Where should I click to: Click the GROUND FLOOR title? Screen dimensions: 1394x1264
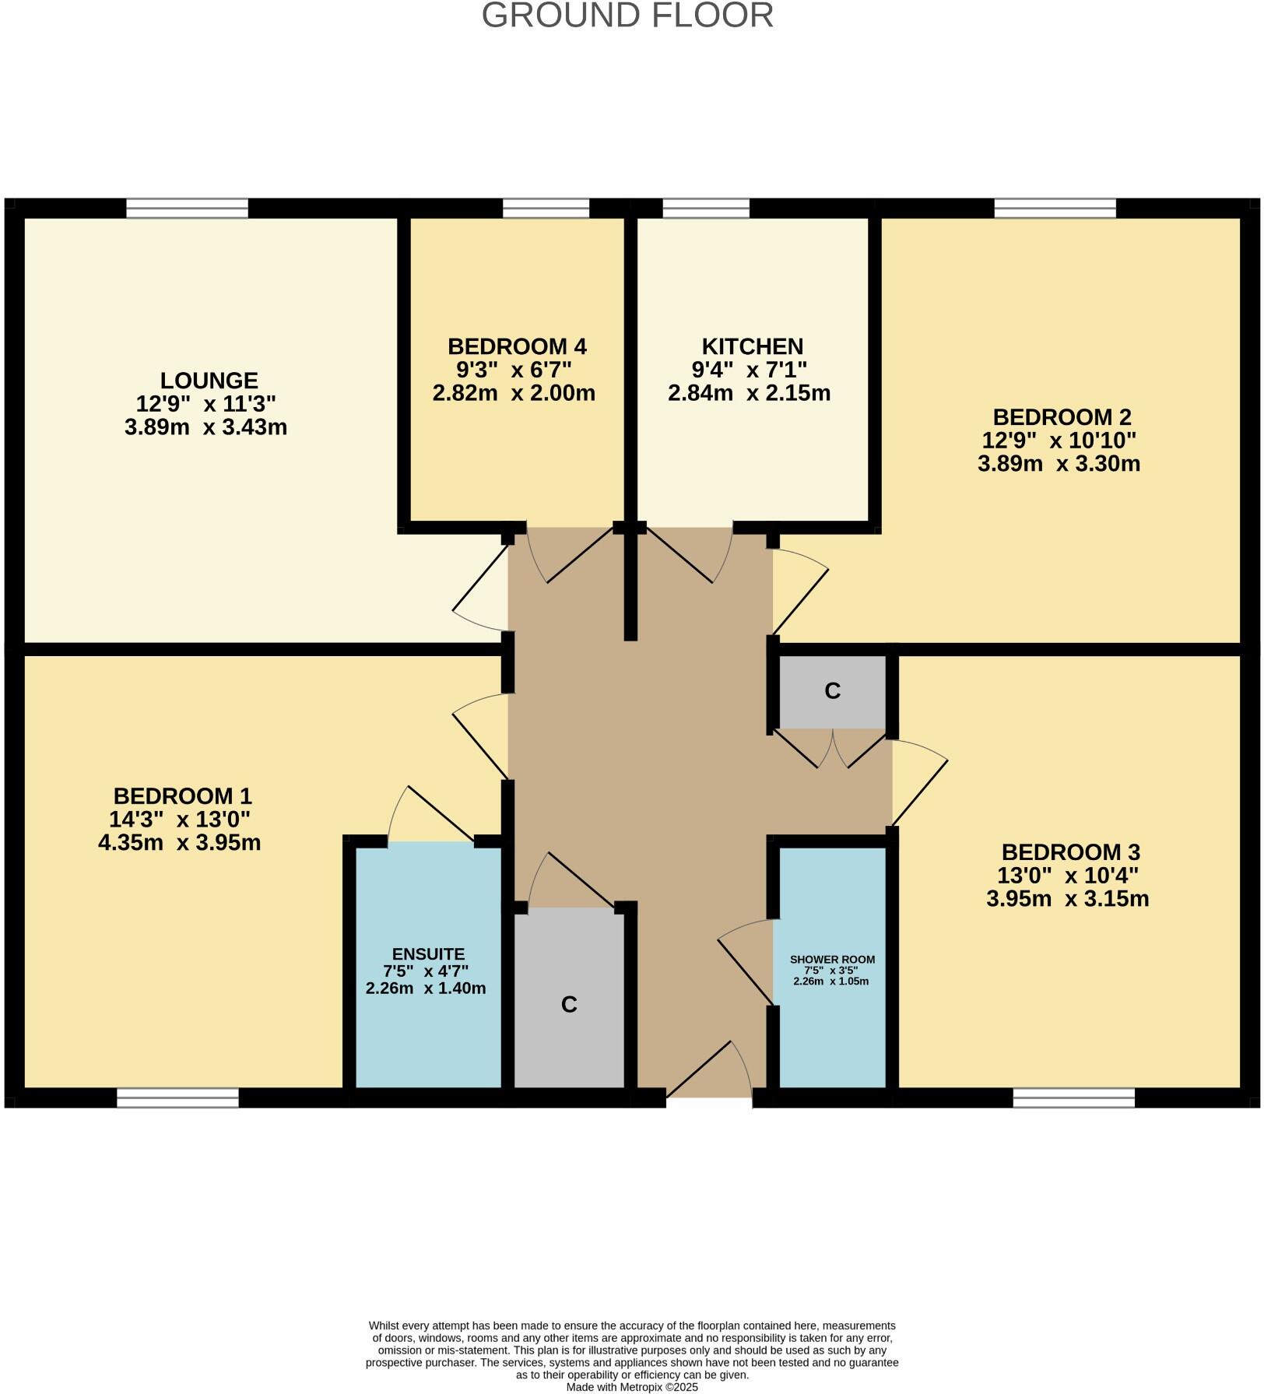pyautogui.click(x=627, y=16)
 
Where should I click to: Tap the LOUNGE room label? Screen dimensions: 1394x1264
pyautogui.click(x=209, y=381)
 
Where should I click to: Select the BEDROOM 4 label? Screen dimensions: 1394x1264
pyautogui.click(x=517, y=346)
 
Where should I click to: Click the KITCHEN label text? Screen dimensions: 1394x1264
pyautogui.click(x=752, y=346)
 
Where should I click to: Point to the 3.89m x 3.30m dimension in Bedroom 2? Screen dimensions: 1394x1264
pyautogui.click(x=1059, y=464)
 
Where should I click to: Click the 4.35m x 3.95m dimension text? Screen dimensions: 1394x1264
pyautogui.click(x=179, y=842)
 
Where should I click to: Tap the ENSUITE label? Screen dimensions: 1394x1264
pyautogui.click(x=428, y=954)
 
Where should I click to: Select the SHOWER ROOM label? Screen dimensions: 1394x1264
pyautogui.click(x=832, y=960)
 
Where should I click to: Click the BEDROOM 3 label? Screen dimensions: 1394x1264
pyautogui.click(x=1070, y=852)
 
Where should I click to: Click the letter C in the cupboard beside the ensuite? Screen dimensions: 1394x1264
pyautogui.click(x=569, y=1005)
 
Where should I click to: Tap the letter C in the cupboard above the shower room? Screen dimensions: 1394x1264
pyautogui.click(x=832, y=691)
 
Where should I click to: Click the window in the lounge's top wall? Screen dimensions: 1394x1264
pyautogui.click(x=187, y=208)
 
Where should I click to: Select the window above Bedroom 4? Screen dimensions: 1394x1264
pyautogui.click(x=546, y=208)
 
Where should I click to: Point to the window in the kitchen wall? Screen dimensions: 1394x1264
pyautogui.click(x=706, y=208)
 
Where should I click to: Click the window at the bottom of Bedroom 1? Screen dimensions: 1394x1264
pyautogui.click(x=177, y=1097)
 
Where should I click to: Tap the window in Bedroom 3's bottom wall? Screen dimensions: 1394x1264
pyautogui.click(x=1073, y=1097)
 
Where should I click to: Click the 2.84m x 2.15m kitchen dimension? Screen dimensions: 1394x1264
pyautogui.click(x=749, y=393)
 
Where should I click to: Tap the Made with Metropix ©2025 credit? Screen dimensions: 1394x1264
pyautogui.click(x=632, y=1387)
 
